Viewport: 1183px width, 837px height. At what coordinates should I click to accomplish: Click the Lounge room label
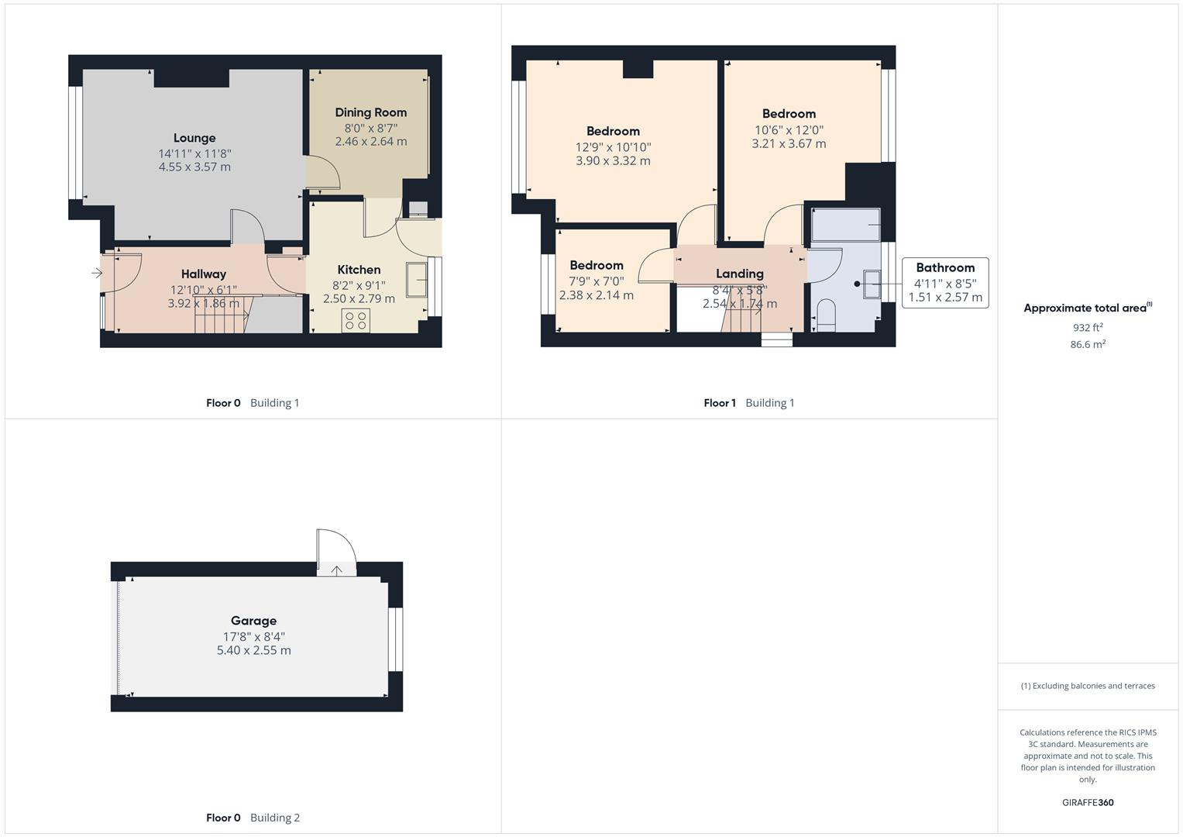click(x=194, y=138)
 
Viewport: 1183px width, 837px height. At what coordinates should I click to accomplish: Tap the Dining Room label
click(x=370, y=112)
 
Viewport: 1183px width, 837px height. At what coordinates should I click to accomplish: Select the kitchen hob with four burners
click(x=356, y=321)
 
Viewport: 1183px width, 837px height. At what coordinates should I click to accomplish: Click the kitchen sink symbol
click(x=416, y=280)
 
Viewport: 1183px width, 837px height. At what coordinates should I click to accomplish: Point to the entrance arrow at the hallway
click(x=97, y=273)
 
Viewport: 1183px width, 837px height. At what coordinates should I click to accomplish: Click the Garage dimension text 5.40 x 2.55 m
click(x=253, y=650)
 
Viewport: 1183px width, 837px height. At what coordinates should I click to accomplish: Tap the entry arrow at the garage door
click(x=337, y=570)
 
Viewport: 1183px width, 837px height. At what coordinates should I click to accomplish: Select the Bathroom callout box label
click(x=944, y=267)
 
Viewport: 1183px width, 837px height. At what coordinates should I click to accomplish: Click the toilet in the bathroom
click(x=826, y=317)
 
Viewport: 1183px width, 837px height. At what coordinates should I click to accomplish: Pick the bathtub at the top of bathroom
click(x=845, y=225)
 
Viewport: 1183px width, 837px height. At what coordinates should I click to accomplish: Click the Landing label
click(x=739, y=274)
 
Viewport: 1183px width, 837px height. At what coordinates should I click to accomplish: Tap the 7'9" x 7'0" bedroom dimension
click(x=596, y=281)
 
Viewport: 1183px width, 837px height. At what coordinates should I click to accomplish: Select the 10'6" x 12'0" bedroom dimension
click(x=789, y=130)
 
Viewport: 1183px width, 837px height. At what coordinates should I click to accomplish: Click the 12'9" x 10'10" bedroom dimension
click(x=613, y=147)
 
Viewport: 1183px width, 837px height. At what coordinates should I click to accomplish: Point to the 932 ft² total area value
click(x=1087, y=328)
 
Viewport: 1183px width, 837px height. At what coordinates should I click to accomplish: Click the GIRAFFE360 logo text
click(x=1087, y=802)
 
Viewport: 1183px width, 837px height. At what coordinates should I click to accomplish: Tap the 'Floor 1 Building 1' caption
click(x=748, y=403)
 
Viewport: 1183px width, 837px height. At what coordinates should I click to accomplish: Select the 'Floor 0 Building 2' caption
click(x=253, y=818)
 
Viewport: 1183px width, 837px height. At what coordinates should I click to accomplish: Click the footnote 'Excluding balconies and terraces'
click(x=1087, y=686)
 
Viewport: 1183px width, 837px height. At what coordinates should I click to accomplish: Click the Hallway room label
click(x=204, y=274)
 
